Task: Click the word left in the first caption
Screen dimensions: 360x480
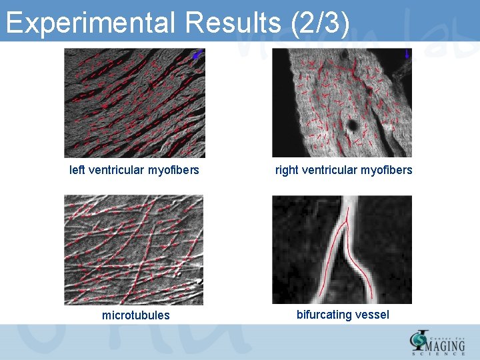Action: point(77,170)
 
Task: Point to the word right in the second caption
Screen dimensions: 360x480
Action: point(287,170)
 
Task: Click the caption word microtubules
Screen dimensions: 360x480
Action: point(136,315)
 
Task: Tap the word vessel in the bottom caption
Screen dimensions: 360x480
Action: point(373,315)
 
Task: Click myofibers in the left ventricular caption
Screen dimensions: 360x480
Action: point(173,170)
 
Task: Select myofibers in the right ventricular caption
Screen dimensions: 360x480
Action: point(387,170)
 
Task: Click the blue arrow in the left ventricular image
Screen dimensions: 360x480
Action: point(195,57)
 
